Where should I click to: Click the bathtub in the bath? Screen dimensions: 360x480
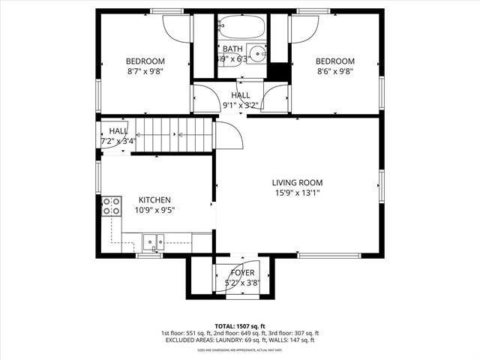pos(241,31)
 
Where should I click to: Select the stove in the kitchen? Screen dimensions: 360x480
pos(112,206)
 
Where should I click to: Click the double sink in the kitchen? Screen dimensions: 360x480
pos(154,241)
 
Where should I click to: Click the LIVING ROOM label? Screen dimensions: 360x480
pos(297,182)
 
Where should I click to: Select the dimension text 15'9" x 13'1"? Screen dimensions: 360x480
pos(297,193)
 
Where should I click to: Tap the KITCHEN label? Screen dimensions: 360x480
pos(154,200)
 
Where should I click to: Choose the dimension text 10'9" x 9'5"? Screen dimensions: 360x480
pos(154,211)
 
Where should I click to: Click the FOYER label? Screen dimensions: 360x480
pos(242,273)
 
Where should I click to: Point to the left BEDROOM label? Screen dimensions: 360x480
pos(145,61)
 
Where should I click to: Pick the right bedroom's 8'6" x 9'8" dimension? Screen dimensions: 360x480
pos(334,72)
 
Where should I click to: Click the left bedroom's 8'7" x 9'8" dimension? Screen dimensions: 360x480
pos(145,72)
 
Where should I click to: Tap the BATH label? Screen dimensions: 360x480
pos(232,49)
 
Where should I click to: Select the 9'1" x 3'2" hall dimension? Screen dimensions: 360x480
pos(241,106)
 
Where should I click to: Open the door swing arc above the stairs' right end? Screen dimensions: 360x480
pos(228,134)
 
